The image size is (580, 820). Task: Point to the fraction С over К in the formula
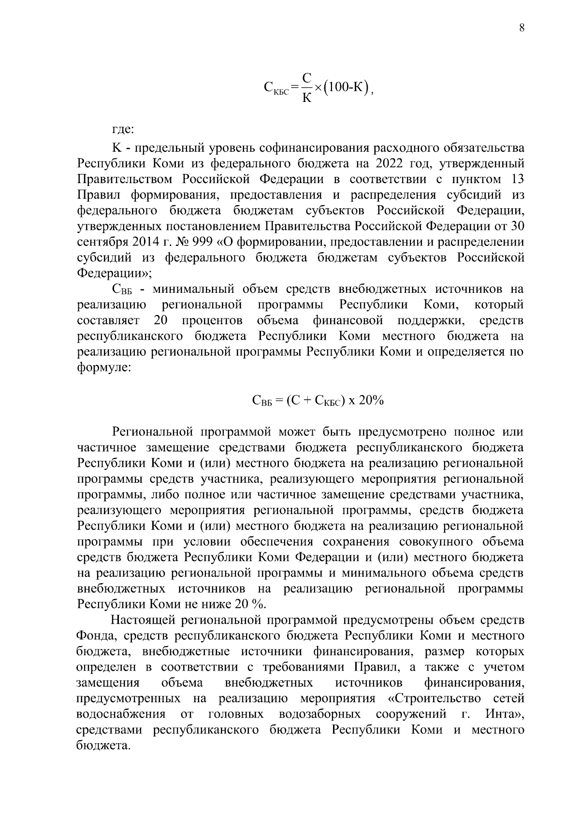306,87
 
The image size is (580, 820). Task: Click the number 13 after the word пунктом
517,179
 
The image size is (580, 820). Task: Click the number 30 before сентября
518,226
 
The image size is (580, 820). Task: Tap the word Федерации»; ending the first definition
115,273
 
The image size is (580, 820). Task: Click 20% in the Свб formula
371,400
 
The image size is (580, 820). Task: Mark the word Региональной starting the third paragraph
152,432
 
